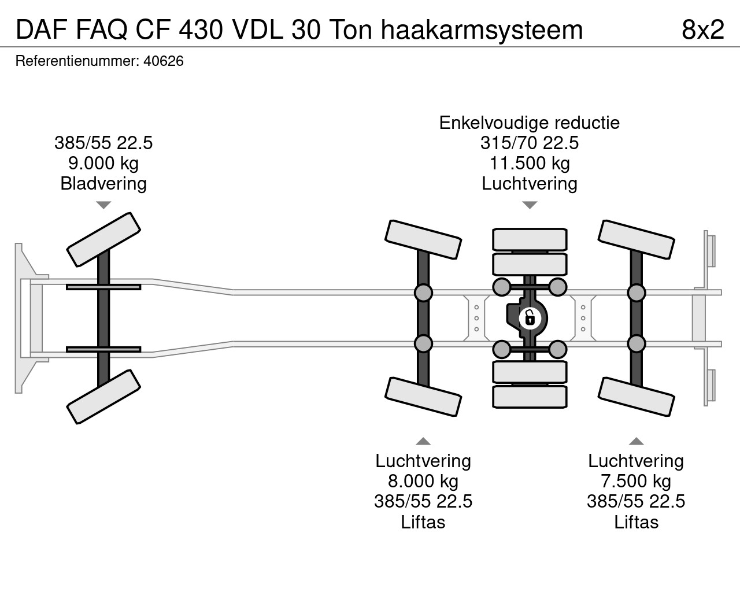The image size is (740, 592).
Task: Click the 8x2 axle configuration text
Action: [x=702, y=29]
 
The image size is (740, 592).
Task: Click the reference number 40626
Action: [x=163, y=61]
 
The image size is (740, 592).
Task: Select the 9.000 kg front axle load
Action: [x=103, y=163]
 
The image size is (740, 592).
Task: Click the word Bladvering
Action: [x=103, y=184]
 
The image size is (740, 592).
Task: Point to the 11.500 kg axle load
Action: [x=530, y=163]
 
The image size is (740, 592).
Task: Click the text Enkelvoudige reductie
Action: [x=530, y=123]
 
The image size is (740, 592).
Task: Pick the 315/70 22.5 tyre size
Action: [x=530, y=143]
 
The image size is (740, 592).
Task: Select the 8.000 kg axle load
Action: [x=423, y=481]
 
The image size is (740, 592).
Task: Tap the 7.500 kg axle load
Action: [x=636, y=481]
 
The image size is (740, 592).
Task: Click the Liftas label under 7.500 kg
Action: [x=636, y=522]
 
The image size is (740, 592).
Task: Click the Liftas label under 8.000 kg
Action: [x=423, y=522]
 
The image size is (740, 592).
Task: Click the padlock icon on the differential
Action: [x=529, y=318]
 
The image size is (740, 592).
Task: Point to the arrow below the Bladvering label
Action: [x=103, y=205]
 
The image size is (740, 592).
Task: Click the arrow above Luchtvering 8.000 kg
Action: [x=423, y=442]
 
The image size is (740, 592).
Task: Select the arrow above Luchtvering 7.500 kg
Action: [x=636, y=442]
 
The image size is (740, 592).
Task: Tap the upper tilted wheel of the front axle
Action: [x=104, y=239]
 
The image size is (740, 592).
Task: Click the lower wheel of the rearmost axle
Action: [x=636, y=396]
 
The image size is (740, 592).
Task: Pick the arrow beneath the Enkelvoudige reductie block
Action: [x=530, y=205]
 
